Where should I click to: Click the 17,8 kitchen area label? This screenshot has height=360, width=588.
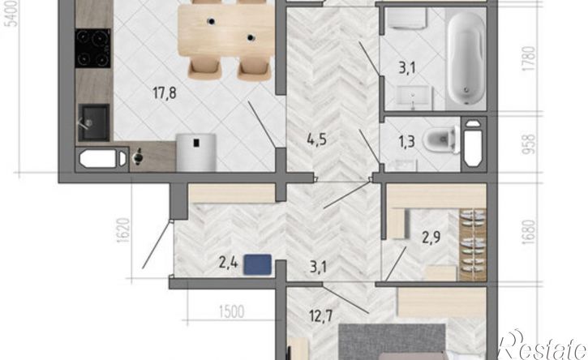click(165, 92)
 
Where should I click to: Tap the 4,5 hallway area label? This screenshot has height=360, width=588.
click(317, 139)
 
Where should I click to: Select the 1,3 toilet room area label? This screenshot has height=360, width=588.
click(406, 142)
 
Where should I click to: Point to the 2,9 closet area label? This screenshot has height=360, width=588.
click(431, 238)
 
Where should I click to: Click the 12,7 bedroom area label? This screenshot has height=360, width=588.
click(321, 315)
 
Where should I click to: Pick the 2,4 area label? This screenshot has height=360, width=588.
click(229, 263)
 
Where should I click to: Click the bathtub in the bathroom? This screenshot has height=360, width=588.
click(466, 58)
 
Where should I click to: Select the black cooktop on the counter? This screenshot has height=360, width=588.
click(93, 48)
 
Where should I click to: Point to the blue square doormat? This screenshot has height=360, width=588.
click(258, 264)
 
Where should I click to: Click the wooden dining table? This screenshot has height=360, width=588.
click(226, 30)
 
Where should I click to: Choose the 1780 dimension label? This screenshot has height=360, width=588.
click(528, 59)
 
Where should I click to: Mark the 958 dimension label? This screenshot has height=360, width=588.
click(528, 144)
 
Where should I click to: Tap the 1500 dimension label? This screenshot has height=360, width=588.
click(231, 311)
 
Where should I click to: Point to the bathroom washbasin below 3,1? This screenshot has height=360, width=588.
click(414, 97)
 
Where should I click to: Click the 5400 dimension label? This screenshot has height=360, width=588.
click(12, 14)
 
